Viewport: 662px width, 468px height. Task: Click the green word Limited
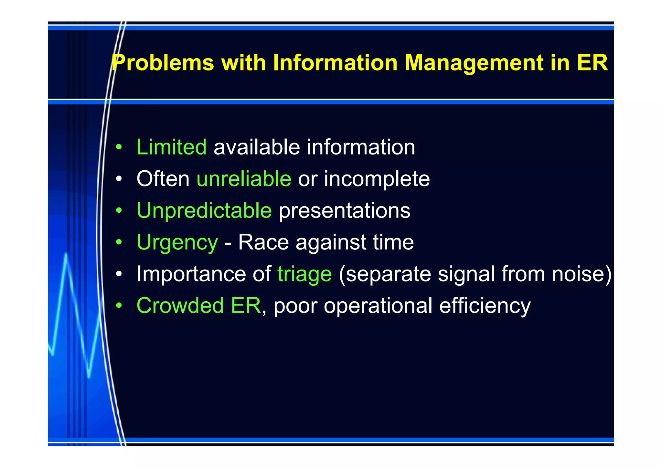pos(171,147)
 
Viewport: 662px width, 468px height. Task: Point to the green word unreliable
pos(244,179)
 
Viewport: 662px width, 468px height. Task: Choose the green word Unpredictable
pos(204,210)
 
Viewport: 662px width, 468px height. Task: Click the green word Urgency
pos(177,242)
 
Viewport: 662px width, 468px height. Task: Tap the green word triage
pos(304,274)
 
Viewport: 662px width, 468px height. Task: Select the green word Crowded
pos(180,305)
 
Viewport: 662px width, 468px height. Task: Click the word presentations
pos(345,211)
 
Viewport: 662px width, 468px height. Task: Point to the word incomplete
pos(377,179)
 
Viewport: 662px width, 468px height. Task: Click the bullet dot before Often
pos(119,179)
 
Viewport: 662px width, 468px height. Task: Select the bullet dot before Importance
pos(119,274)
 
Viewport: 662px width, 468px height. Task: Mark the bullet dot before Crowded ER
pos(119,305)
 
